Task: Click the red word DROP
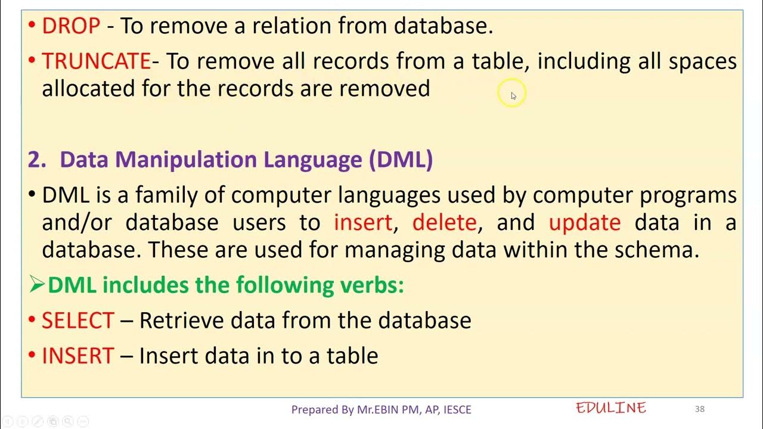[x=71, y=26]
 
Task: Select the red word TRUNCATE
[x=96, y=61]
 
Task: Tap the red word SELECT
[x=77, y=321]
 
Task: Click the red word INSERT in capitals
[x=77, y=356]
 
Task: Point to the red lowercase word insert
[x=362, y=222]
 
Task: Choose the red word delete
[x=444, y=222]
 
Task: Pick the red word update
[x=584, y=223]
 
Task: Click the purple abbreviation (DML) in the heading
[x=401, y=160]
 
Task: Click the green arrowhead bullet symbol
[x=37, y=285]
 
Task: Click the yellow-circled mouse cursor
[x=513, y=95]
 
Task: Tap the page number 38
[x=700, y=409]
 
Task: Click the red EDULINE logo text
[x=611, y=408]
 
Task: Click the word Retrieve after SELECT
[x=182, y=321]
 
